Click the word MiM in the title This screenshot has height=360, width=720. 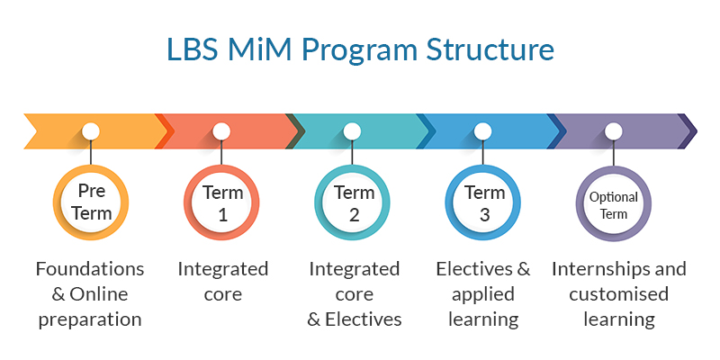coord(259,49)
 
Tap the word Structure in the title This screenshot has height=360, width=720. coord(490,49)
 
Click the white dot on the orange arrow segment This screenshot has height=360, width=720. coord(91,131)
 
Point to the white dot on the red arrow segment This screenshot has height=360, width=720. coord(221,131)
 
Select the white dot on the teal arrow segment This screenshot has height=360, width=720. coord(352,131)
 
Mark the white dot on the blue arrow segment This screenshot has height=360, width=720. coord(482,131)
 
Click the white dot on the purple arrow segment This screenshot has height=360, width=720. coord(614,131)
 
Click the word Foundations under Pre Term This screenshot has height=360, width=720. coord(90,268)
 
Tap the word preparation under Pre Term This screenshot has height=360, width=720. coord(90,320)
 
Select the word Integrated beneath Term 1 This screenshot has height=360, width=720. coord(222,269)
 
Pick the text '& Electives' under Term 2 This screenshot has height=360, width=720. coord(355,319)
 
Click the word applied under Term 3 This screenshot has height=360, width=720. coord(483,295)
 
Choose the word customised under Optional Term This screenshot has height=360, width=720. coord(619,294)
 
